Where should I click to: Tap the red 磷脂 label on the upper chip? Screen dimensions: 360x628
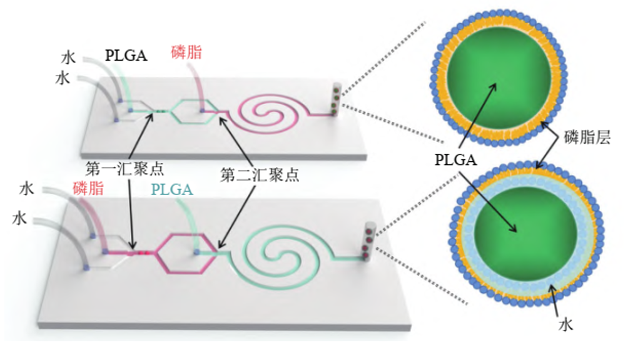point(187,52)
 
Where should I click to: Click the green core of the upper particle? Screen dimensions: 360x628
point(499,81)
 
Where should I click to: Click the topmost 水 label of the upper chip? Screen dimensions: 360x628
point(69,58)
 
